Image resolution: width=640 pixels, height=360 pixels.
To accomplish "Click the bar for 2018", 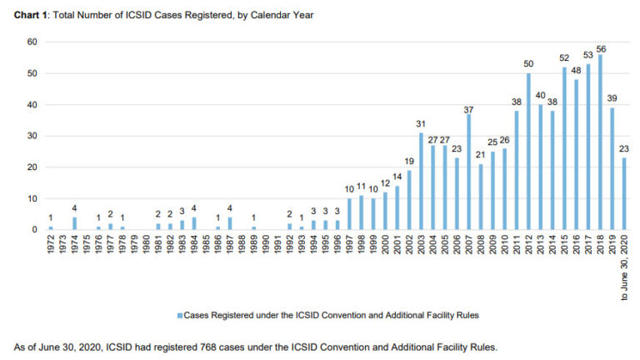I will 600,142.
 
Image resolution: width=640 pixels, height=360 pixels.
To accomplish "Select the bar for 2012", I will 528,152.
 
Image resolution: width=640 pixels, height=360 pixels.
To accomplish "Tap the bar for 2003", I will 422,182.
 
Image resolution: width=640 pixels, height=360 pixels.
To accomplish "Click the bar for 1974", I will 74,223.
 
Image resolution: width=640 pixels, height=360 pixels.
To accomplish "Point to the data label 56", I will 600,48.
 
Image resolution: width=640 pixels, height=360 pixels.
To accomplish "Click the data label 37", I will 469,108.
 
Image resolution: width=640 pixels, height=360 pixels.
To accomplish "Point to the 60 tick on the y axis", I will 33,42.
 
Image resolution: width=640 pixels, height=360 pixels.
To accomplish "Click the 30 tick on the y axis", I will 33,136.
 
